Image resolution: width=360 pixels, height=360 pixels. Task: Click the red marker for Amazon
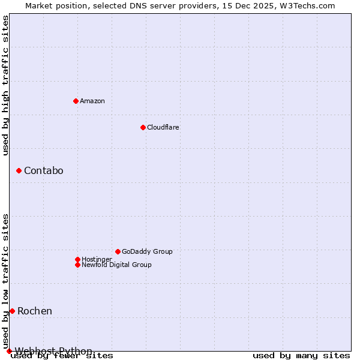76,101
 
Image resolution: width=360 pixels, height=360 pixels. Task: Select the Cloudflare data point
143,127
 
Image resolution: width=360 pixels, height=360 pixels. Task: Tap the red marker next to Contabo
19,171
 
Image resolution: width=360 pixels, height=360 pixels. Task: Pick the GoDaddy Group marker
118,251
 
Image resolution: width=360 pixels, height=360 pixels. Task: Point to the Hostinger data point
77,259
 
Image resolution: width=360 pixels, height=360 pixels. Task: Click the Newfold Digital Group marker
77,265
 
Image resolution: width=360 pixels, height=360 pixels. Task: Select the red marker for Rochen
12,311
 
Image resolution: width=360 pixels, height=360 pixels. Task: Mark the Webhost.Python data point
9,351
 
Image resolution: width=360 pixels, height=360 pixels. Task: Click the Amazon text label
92,101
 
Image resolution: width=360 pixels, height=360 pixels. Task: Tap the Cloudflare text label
163,127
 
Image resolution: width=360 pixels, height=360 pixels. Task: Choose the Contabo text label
44,171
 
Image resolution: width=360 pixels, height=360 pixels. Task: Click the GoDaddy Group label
147,251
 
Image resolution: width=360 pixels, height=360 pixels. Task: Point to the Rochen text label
35,311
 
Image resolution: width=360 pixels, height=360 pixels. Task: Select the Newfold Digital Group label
117,265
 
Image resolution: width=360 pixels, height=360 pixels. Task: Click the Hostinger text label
97,259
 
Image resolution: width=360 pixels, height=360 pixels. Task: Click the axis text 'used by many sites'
301,356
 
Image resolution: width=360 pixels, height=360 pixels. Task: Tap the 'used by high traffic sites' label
5,85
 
